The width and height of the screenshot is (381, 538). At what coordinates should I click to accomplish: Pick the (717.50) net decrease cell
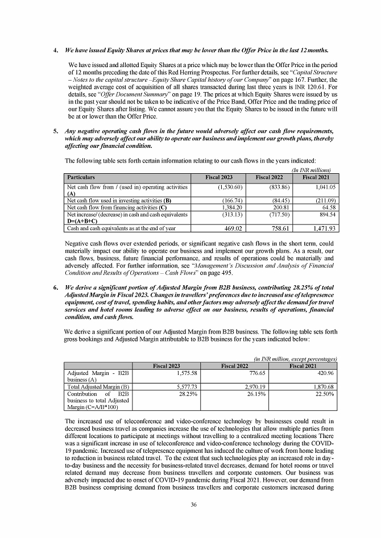(277, 215)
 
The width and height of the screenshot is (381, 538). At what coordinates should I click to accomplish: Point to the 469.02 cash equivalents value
(231, 228)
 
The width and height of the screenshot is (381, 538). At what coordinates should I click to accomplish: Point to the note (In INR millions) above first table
(311, 170)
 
